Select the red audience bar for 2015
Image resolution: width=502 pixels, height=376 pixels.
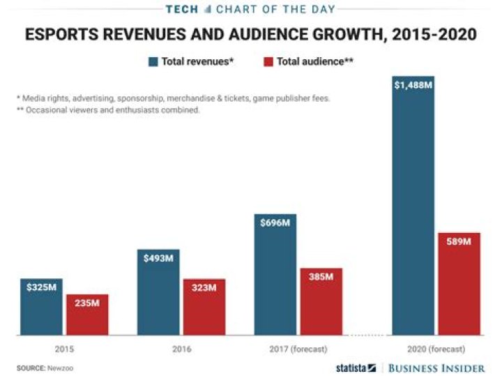click(x=87, y=315)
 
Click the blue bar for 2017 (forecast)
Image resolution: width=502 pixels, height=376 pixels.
click(x=275, y=275)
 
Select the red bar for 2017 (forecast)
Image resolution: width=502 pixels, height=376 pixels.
click(x=321, y=301)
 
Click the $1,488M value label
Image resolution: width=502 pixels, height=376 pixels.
click(x=413, y=85)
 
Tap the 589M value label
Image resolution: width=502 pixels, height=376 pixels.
click(x=459, y=241)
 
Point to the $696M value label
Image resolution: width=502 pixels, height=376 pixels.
click(x=275, y=223)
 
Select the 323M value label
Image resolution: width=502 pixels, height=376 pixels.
click(x=204, y=287)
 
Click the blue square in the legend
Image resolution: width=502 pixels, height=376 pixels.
click(x=153, y=61)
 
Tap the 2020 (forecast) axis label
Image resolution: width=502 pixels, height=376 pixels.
click(x=436, y=347)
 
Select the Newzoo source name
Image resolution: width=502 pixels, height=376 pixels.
click(x=60, y=367)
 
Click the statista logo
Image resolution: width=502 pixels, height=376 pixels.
click(x=356, y=367)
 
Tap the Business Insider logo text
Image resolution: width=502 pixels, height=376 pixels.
click(x=436, y=367)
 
